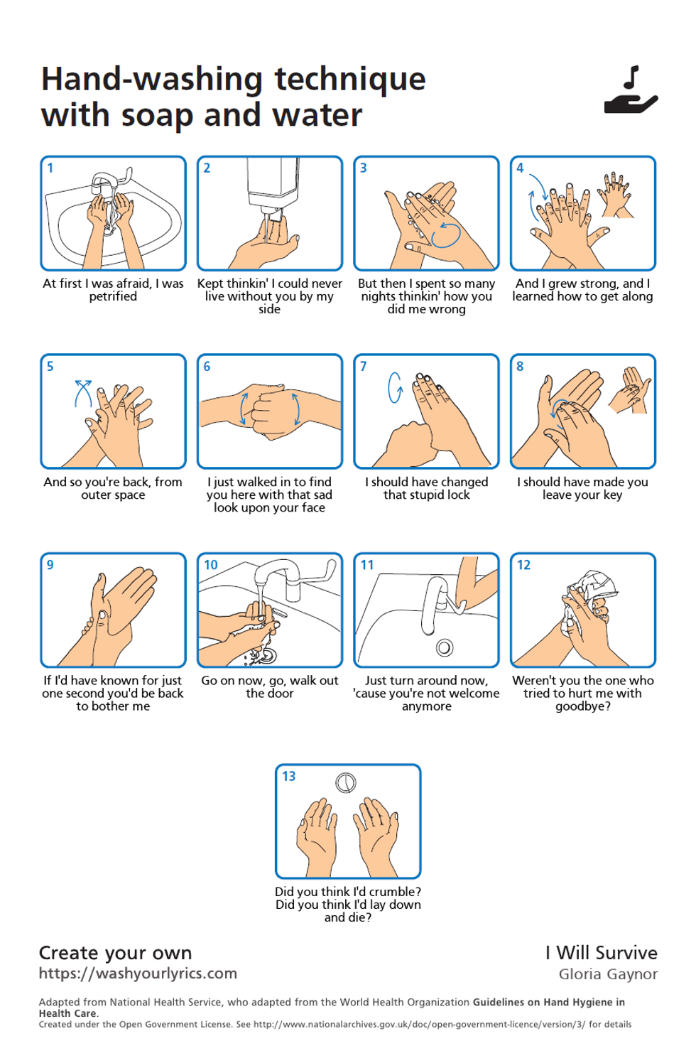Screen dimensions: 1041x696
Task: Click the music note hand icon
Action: tap(631, 91)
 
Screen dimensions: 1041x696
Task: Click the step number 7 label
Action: tap(364, 367)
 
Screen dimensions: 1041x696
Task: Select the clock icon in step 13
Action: tap(345, 783)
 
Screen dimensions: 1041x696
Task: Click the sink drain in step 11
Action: tap(445, 647)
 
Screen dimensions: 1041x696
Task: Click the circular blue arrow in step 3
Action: tap(445, 234)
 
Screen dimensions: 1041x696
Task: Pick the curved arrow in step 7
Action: tap(395, 387)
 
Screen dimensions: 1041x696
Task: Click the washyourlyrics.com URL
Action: tap(138, 973)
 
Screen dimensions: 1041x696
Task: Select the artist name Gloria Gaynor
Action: tap(608, 974)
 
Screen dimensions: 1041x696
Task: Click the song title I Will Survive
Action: tap(601, 953)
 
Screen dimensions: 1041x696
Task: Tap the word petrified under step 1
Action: tap(113, 296)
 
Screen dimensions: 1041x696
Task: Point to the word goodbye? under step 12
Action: tap(582, 706)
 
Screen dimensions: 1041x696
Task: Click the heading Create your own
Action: tap(115, 953)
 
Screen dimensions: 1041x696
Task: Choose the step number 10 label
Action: tap(211, 566)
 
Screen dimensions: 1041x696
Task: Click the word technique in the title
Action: tap(350, 79)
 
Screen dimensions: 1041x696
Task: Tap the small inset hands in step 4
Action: tap(616, 192)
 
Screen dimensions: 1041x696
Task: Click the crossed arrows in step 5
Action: tap(83, 392)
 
